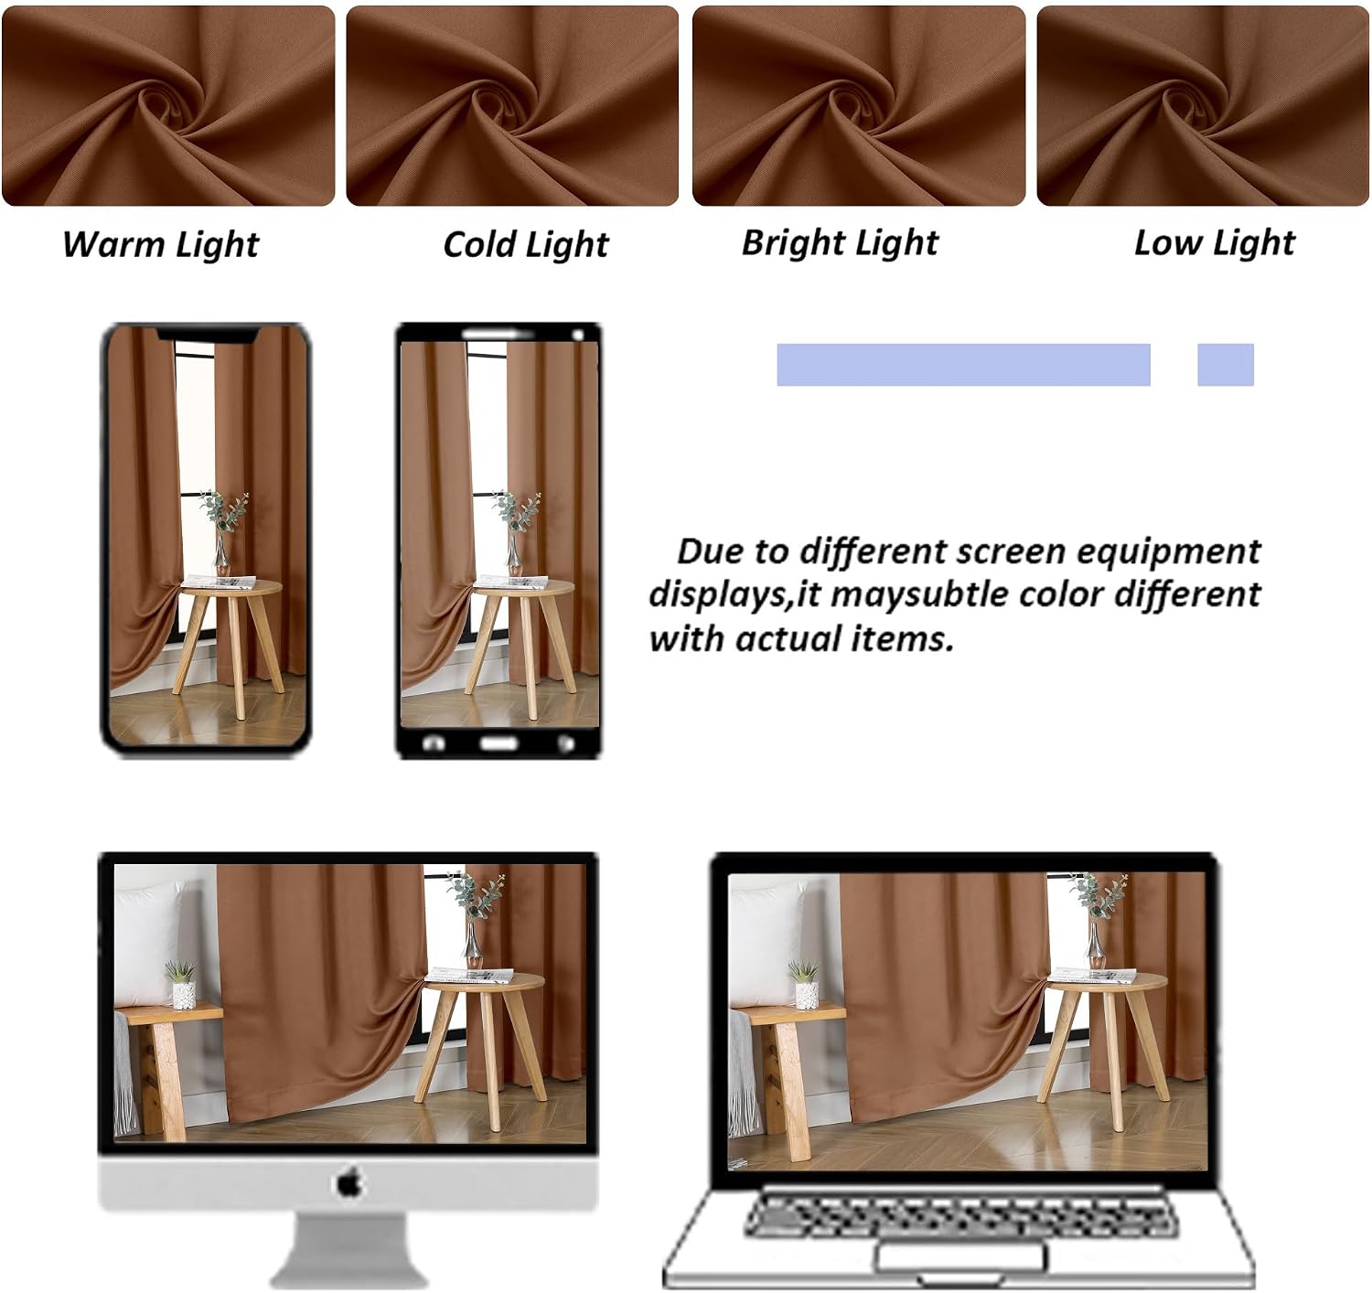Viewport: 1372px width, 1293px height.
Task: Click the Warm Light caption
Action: point(160,245)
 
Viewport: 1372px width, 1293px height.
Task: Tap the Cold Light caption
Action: point(526,245)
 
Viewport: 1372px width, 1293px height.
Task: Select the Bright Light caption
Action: point(840,243)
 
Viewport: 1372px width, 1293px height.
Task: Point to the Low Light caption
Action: point(1215,243)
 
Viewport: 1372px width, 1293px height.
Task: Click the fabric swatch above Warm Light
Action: point(168,106)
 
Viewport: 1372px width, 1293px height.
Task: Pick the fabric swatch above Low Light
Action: point(1203,106)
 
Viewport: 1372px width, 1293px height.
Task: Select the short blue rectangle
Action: point(1225,365)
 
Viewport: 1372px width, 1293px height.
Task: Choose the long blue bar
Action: point(964,365)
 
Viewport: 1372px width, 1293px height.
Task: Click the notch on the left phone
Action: point(208,335)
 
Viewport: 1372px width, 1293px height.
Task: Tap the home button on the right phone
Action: point(498,743)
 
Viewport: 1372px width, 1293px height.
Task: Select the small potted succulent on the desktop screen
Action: point(182,984)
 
